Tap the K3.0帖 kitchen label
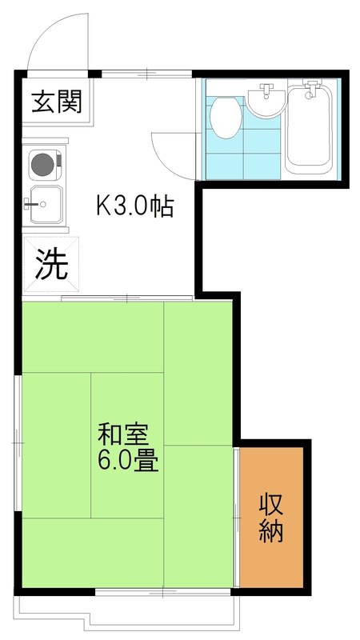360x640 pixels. (135, 206)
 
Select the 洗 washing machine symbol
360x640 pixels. (51, 265)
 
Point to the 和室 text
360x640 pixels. (122, 434)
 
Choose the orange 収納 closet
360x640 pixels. (271, 518)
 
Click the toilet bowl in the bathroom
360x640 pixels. (226, 117)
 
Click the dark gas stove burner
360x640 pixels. (42, 164)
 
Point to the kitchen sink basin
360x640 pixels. (46, 205)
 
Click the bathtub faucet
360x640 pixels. (311, 89)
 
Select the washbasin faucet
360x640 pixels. (267, 90)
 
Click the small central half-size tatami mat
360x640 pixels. (127, 445)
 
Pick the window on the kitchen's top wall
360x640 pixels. (146, 74)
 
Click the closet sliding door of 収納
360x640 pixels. (236, 518)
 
